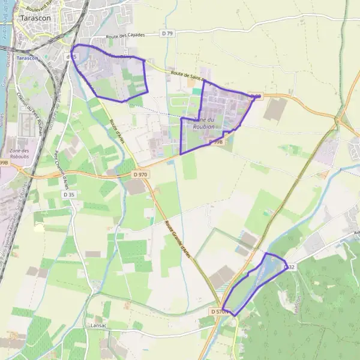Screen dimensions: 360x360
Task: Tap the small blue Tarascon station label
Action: [x=28, y=58]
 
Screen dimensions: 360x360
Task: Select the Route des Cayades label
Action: [x=125, y=36]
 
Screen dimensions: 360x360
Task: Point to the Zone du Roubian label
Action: [x=203, y=124]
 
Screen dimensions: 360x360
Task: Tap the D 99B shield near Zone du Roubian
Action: [x=216, y=142]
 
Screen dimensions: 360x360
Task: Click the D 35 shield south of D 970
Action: [x=68, y=194]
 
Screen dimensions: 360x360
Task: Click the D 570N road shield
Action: [x=220, y=312]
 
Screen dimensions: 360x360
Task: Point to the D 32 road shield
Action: [x=289, y=266]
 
